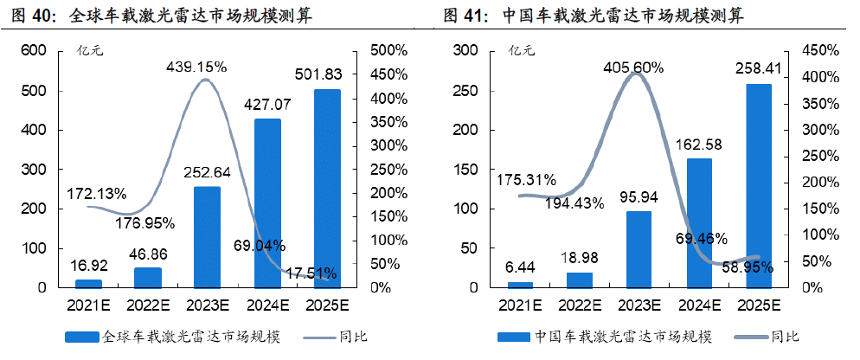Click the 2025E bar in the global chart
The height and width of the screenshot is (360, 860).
pos(328,188)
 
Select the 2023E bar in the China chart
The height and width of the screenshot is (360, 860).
pos(638,249)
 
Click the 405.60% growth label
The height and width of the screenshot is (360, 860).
pos(633,67)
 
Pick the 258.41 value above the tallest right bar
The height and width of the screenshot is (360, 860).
pos(758,67)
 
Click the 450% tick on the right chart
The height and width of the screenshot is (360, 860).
pos(818,51)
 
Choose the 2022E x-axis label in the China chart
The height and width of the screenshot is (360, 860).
pos(579,305)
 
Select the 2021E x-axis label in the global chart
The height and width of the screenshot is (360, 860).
pos(88,305)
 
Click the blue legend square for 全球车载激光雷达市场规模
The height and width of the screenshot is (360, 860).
pos(83,337)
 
